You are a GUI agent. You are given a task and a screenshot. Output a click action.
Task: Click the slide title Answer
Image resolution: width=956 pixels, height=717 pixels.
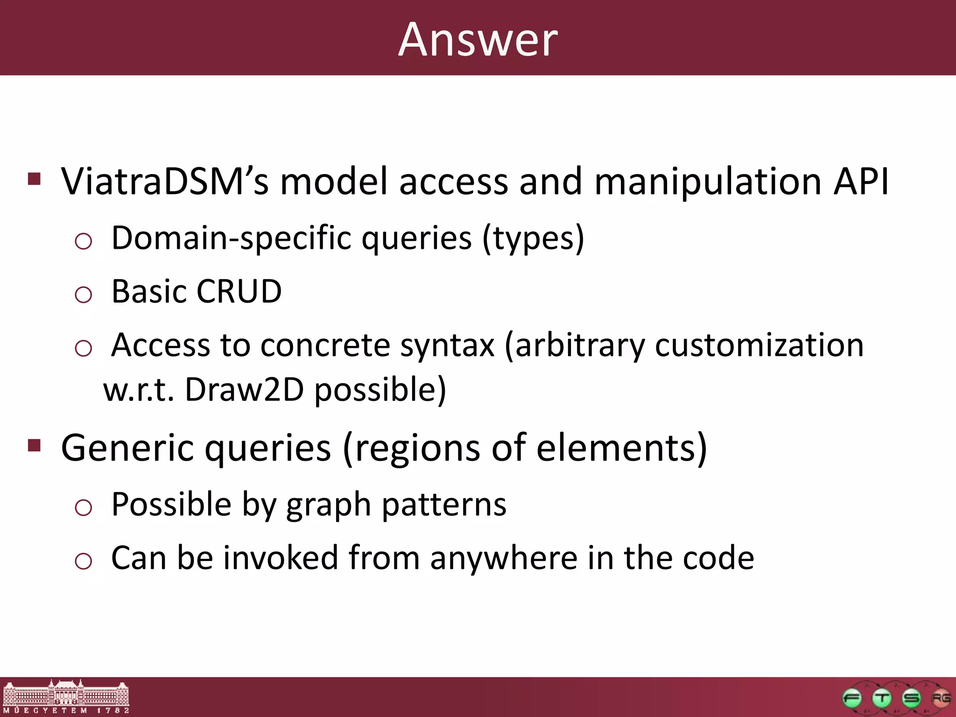pos(478,40)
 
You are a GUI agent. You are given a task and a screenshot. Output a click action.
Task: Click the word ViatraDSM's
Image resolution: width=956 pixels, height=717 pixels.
pos(165,182)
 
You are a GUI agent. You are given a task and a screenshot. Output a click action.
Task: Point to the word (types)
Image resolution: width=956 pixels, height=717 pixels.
pos(533,239)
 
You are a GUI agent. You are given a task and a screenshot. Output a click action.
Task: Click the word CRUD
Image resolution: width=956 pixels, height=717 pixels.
pos(239,292)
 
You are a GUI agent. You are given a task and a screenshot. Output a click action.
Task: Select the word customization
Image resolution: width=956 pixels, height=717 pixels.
pos(759,346)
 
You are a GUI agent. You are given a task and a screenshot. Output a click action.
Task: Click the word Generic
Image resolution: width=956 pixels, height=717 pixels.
pos(127,448)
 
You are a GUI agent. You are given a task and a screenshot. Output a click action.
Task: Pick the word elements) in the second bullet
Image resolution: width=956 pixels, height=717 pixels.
pos(621,448)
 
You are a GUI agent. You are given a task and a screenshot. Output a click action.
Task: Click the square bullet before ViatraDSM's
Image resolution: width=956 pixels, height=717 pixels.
pos(35,179)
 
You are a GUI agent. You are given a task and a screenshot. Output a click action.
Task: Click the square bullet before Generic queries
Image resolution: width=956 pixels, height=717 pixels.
pos(35,445)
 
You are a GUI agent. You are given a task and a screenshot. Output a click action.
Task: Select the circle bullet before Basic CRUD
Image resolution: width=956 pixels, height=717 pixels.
pos(84,295)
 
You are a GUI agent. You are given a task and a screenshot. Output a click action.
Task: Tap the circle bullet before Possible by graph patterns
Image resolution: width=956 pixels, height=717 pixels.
pos(84,507)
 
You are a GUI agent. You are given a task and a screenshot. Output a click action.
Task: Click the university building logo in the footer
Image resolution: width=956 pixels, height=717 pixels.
pos(66,697)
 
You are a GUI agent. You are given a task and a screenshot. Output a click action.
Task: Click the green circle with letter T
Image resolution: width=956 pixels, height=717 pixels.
pos(882,698)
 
